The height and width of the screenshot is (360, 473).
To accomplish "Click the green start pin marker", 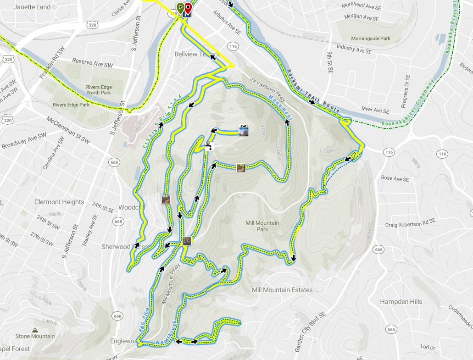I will (181, 7).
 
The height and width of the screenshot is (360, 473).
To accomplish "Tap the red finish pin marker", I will (188, 7).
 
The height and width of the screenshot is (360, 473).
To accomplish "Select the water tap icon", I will (208, 146).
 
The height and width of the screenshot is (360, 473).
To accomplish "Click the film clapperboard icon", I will (243, 131).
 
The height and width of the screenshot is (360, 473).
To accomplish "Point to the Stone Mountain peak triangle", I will (35, 330).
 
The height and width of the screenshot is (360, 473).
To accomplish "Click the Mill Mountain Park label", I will (262, 226).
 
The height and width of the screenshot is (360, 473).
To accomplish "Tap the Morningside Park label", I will (371, 39).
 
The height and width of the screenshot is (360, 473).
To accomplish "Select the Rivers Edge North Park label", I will (100, 89).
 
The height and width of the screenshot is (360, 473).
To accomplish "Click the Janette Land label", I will (32, 7).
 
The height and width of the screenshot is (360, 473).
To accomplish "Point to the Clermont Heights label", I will (59, 202).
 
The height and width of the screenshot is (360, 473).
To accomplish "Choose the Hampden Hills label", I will (401, 302).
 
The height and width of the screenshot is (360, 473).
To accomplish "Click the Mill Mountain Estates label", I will (282, 290).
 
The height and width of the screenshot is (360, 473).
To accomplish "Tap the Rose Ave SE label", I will (395, 179).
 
